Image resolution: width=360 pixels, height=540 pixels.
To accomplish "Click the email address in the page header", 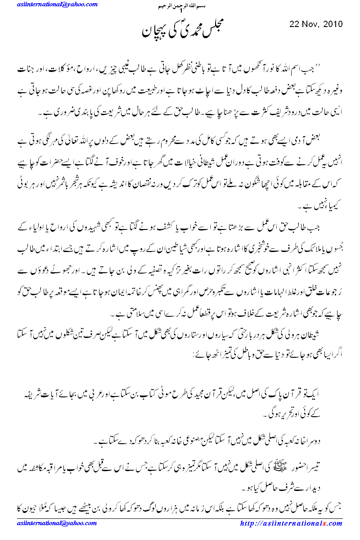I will tap(58, 4).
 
